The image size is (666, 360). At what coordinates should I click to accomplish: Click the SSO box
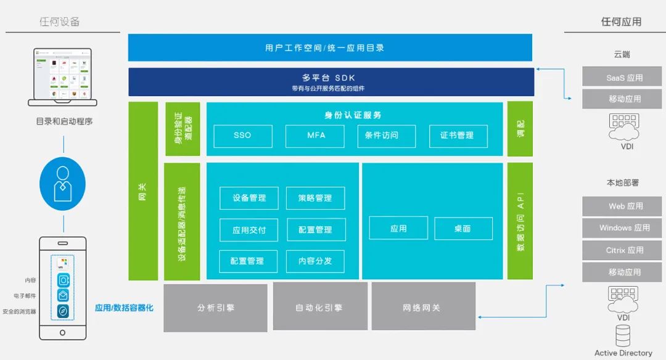(x=243, y=136)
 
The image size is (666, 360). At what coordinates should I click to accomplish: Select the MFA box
(x=314, y=136)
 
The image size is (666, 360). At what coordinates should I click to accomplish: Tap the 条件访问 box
(x=386, y=136)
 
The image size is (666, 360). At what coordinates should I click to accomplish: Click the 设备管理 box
(x=249, y=198)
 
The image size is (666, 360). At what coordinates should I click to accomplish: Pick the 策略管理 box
(x=315, y=198)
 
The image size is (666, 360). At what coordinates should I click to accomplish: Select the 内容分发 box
(x=315, y=261)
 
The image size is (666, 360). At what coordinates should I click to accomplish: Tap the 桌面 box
(x=463, y=229)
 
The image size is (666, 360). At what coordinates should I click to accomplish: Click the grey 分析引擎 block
(x=215, y=308)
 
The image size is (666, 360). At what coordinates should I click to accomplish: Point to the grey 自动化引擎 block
(x=320, y=308)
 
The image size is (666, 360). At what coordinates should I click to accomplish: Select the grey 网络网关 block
(x=423, y=308)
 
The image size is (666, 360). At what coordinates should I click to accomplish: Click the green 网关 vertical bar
(x=143, y=191)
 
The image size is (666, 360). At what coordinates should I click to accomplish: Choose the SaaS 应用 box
(x=622, y=78)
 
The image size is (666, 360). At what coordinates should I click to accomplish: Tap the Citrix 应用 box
(x=622, y=250)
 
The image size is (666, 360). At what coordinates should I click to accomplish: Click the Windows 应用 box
(x=622, y=228)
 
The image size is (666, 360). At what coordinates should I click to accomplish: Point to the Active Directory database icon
(x=623, y=336)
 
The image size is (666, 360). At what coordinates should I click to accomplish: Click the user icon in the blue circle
(x=63, y=183)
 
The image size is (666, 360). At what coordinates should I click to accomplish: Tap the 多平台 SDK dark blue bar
(x=331, y=82)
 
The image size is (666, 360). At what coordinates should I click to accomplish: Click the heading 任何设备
(x=60, y=22)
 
